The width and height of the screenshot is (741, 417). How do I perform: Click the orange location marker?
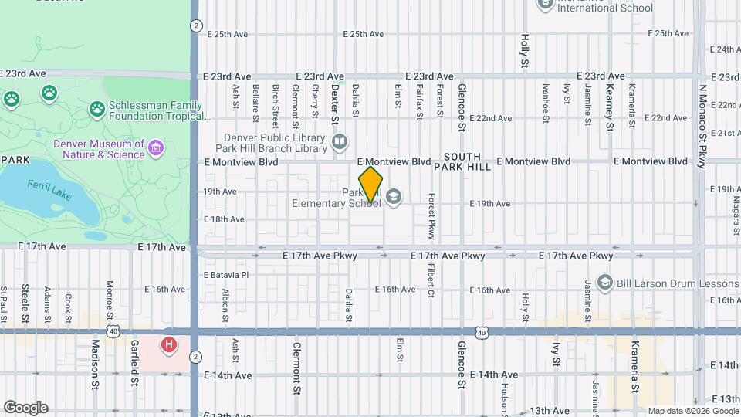[x=370, y=185]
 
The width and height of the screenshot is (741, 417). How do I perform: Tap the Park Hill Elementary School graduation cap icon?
[x=394, y=197]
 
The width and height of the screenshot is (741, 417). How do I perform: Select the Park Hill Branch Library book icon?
[x=340, y=141]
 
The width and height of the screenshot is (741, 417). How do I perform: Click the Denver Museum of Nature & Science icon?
[x=156, y=147]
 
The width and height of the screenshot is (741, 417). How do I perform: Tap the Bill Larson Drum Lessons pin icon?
[x=604, y=283]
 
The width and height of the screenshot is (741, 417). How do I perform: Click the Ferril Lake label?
[x=49, y=190]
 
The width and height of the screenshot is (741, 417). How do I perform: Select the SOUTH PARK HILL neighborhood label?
[x=462, y=161]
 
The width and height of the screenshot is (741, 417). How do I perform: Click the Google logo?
[x=25, y=408]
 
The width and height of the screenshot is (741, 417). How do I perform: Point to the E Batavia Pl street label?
[x=226, y=274]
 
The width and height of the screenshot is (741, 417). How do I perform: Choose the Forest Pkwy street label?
[x=432, y=216]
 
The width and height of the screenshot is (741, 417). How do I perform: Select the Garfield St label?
[x=134, y=362]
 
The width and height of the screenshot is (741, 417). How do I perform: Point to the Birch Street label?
[x=276, y=105]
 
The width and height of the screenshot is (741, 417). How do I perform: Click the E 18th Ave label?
[x=224, y=219]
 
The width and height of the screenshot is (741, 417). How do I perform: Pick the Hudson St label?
[x=503, y=398]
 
